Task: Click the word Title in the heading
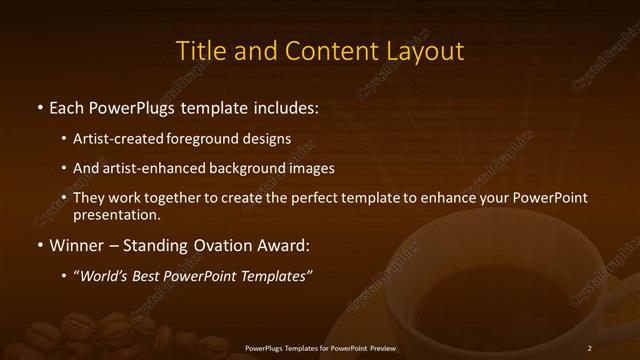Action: (199, 51)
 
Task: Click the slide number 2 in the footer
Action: (590, 348)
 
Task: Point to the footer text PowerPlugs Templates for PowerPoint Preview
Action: (320, 348)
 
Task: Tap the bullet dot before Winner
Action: (39, 245)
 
